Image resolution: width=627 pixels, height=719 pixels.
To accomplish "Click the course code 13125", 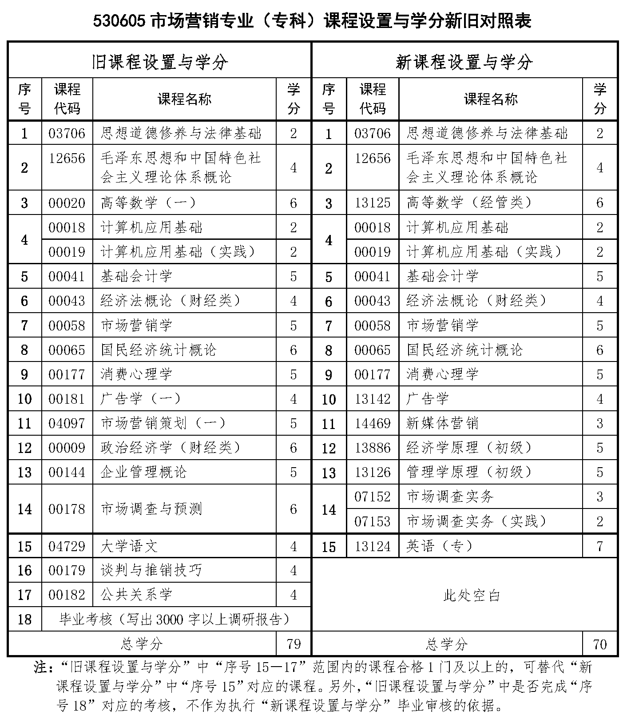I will (x=372, y=203).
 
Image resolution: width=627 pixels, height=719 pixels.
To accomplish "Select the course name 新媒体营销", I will (x=442, y=423).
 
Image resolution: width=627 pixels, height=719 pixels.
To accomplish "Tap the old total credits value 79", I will (x=294, y=644).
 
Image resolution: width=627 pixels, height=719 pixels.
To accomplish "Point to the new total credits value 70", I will (x=599, y=644).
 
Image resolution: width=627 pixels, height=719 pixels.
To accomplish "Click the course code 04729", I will (x=67, y=546).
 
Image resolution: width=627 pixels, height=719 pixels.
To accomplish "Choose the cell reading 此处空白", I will (x=472, y=595).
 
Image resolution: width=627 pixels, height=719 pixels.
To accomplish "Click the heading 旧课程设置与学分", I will (x=159, y=61).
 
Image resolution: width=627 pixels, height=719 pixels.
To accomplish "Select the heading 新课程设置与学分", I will (x=464, y=61).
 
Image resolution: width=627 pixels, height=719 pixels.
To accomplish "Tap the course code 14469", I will (x=372, y=423).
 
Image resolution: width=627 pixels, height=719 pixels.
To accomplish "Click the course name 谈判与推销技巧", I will (x=151, y=570).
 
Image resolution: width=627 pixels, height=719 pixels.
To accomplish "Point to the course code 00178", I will (x=67, y=509).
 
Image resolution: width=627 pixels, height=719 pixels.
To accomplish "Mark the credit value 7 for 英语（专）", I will (x=599, y=546).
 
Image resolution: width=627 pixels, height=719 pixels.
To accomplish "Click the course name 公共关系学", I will (x=136, y=595).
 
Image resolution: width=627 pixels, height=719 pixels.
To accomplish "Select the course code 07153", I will (x=372, y=521).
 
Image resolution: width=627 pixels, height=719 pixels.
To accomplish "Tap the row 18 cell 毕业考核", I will (x=175, y=619).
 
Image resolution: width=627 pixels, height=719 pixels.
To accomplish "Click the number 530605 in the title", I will (x=119, y=21).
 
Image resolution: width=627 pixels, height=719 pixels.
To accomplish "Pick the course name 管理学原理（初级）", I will (x=469, y=472).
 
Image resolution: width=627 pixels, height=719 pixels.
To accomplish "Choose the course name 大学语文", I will (x=129, y=546).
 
